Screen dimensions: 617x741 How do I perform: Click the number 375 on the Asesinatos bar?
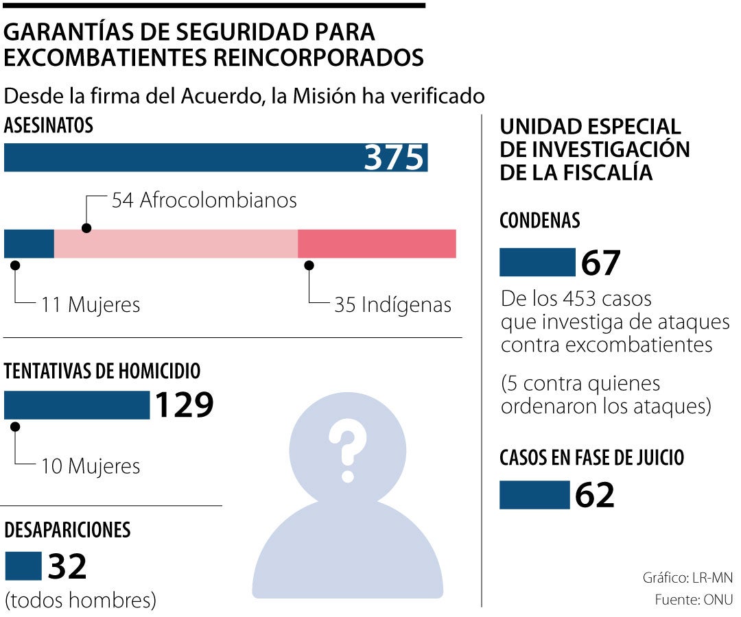pos(395,158)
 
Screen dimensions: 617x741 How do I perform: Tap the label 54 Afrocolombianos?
pos(204,200)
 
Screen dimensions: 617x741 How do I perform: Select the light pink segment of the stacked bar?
pos(176,243)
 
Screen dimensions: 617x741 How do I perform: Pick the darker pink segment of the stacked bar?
pos(377,243)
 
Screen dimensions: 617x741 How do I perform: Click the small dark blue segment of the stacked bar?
pos(29,243)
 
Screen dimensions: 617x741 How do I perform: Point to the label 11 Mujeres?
pos(91,304)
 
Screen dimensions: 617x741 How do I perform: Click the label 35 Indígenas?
pos(392,304)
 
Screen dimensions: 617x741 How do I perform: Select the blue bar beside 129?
pos(77,405)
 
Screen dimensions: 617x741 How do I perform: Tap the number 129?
pos(184,405)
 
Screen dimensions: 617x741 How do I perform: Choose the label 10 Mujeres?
pos(91,466)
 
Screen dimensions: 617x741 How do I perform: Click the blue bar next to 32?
pos(23,566)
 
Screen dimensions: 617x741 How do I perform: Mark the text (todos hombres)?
pos(80,601)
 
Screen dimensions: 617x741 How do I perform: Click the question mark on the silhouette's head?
pos(346,450)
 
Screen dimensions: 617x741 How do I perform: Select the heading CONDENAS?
pos(540,221)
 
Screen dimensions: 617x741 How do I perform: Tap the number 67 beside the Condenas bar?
pos(601,263)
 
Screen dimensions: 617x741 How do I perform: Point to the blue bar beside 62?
pos(534,495)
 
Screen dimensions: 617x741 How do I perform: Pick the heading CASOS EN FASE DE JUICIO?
pos(592,457)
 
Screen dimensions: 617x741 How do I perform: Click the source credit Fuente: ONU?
pos(694,599)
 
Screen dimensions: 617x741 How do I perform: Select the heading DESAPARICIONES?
pos(67,530)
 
